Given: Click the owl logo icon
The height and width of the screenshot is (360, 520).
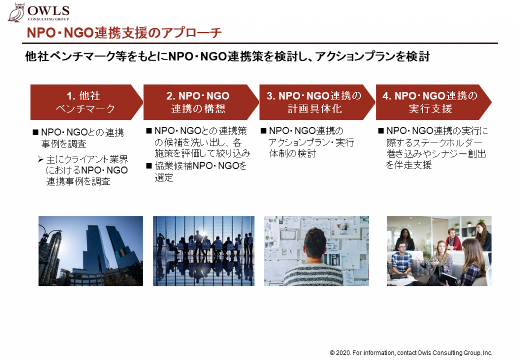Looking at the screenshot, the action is [16, 13].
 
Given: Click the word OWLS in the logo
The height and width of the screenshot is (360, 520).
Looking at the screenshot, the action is [48, 11].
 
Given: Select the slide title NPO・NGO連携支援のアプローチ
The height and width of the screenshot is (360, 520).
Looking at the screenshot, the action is [124, 33].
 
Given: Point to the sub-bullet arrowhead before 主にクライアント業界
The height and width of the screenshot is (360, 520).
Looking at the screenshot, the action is [41, 160].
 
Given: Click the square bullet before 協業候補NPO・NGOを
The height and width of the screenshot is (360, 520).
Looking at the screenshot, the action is [149, 166].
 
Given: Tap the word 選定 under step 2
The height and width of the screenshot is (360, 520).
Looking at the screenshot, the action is [164, 178].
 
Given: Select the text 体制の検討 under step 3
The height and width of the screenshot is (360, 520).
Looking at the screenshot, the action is [292, 153].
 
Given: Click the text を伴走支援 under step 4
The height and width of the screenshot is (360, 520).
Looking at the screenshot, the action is [409, 165].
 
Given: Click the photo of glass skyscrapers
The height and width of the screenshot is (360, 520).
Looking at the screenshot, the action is [90, 251].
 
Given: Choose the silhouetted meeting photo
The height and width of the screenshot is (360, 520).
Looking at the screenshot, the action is [204, 251].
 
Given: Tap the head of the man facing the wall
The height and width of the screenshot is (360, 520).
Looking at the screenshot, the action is [315, 243].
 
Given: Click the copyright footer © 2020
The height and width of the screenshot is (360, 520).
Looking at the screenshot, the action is [411, 353].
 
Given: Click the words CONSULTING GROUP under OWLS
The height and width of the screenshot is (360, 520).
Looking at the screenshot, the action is [48, 19].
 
